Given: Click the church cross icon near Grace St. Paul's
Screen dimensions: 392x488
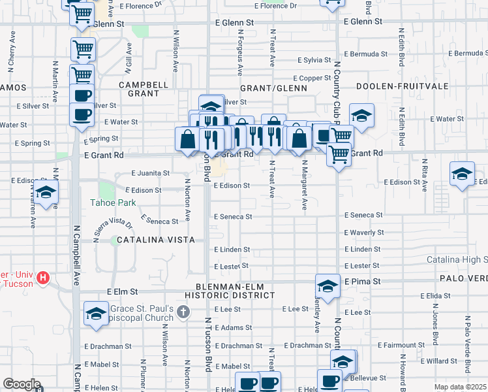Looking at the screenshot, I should pos(183,312).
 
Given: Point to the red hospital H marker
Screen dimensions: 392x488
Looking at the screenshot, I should pos(44,278).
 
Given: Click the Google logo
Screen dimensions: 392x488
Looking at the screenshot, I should pos(22,384).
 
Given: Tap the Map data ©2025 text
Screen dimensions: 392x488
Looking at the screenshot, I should pos(459,387).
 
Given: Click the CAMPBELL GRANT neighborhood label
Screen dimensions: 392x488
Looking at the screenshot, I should pos(143,89).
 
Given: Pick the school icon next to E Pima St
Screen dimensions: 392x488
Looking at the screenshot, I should pos(328,286).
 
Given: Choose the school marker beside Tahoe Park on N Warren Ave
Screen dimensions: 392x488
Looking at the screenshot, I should pos(46,191).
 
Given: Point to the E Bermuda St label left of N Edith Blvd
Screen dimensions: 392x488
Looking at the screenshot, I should pos(364,53).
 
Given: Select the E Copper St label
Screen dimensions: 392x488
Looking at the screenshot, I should pos(316,78).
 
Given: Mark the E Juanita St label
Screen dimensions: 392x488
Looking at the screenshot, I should pos(151,174).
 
